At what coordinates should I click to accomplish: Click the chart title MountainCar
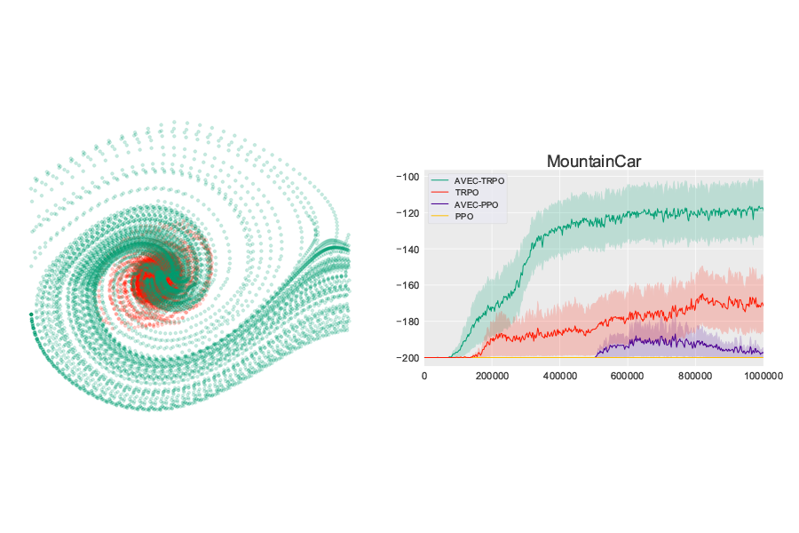(x=593, y=162)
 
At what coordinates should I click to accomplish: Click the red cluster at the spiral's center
(x=146, y=281)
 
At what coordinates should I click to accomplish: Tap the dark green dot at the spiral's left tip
(x=31, y=314)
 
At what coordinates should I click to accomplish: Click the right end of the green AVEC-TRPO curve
(x=762, y=209)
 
